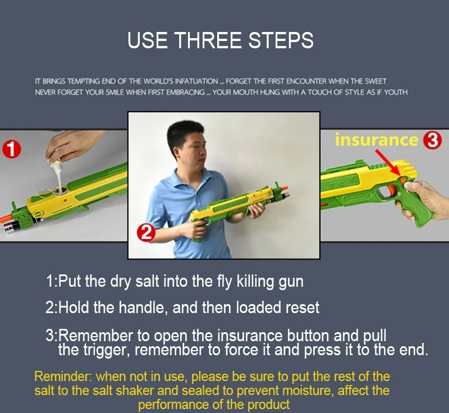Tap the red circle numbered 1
click(x=12, y=149)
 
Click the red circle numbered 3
click(x=432, y=140)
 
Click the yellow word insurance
click(x=377, y=140)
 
